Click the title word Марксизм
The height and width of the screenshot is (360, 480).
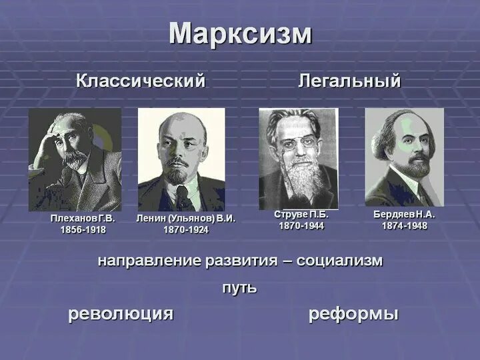point(240,34)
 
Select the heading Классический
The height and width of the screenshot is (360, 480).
point(141,81)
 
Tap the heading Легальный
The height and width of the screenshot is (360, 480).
point(349,81)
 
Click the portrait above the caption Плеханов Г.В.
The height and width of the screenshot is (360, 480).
point(75,160)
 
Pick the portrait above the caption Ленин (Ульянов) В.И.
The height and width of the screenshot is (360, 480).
point(181,160)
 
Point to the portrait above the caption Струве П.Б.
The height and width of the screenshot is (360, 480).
point(298,159)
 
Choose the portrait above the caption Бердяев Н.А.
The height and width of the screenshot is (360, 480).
point(404,157)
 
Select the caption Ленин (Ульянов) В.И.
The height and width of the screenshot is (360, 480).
point(186,219)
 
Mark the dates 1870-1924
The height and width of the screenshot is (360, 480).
point(186,230)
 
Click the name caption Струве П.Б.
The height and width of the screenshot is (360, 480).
point(301,215)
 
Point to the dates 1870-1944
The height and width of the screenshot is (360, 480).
point(301,226)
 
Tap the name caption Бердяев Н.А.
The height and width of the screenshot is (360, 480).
point(405,215)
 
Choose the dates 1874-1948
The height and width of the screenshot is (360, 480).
point(405,226)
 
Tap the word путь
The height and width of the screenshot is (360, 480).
point(239,288)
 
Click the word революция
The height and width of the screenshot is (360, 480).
point(121,314)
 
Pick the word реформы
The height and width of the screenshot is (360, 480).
point(353,314)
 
